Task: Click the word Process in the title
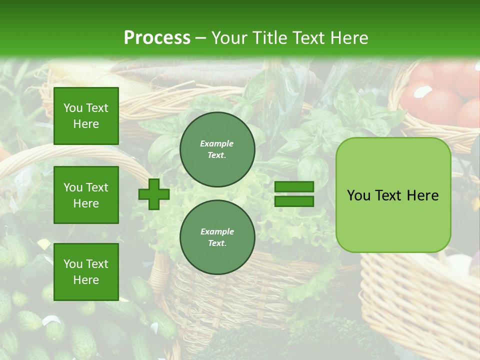pos(157,38)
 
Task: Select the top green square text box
pos(86,116)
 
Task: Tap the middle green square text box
pos(86,195)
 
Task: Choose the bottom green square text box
pos(86,271)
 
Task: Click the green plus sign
pos(154,194)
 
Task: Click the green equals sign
pos(294,194)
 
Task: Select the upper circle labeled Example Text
pos(217,149)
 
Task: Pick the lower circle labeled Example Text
pos(217,237)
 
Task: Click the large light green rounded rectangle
pos(393,195)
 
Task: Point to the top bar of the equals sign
pos(294,187)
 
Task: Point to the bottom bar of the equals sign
pos(294,201)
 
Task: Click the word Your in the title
pos(228,38)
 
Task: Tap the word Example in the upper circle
pos(217,143)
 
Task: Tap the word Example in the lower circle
pos(217,231)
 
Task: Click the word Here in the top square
pos(86,124)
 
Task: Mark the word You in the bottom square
pos(73,263)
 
